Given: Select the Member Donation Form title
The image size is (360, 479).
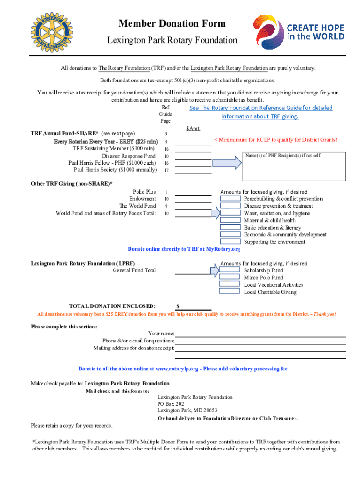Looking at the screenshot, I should click(x=172, y=23).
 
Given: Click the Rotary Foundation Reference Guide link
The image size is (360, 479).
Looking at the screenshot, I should click(x=260, y=112).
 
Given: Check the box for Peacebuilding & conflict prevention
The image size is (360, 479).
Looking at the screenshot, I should click(x=230, y=199).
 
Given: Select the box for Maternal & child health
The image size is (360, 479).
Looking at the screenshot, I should click(x=230, y=220).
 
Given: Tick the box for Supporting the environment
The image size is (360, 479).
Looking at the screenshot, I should click(x=230, y=242).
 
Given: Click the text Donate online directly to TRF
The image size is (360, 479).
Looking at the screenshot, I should click(x=184, y=249).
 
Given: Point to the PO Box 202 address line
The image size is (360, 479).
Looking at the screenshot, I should click(x=171, y=404).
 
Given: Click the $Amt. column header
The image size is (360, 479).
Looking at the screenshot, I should click(x=193, y=128).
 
